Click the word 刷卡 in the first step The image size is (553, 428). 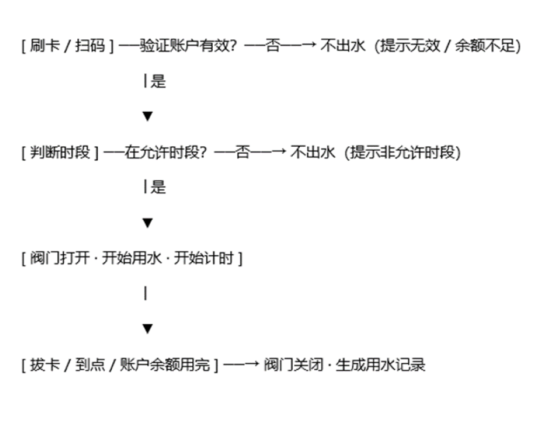click(x=45, y=45)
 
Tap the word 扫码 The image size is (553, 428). click(x=90, y=45)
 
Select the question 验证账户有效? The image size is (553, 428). click(x=188, y=45)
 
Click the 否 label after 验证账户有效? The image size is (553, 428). click(x=273, y=45)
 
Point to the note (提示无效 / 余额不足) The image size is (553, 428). click(x=448, y=46)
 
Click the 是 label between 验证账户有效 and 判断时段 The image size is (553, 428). click(x=158, y=81)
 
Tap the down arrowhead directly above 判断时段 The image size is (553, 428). click(x=147, y=117)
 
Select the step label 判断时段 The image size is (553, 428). click(x=60, y=152)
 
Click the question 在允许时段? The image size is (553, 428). click(x=165, y=152)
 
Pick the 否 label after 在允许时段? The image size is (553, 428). click(x=242, y=152)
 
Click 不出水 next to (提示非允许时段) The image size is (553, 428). click(x=313, y=152)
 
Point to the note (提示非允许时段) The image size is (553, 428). click(x=402, y=153)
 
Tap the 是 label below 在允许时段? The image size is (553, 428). click(x=158, y=187)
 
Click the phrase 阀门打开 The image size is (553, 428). click(x=60, y=258)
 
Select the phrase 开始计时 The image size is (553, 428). click(x=204, y=258)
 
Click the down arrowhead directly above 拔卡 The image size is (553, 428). click(x=147, y=329)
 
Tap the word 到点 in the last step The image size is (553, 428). click(x=90, y=364)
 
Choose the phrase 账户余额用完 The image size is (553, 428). click(x=165, y=364)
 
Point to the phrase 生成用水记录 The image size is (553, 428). click(x=380, y=364)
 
